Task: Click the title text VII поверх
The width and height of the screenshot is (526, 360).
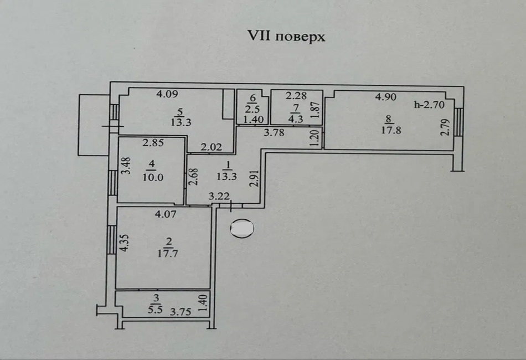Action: pos(286,37)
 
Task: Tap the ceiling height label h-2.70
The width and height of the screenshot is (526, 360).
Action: pos(434,104)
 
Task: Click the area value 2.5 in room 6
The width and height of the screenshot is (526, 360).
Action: pos(252,107)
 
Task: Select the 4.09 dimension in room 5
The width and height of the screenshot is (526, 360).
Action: pos(167,94)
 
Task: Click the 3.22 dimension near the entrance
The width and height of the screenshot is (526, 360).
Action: pos(219,196)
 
